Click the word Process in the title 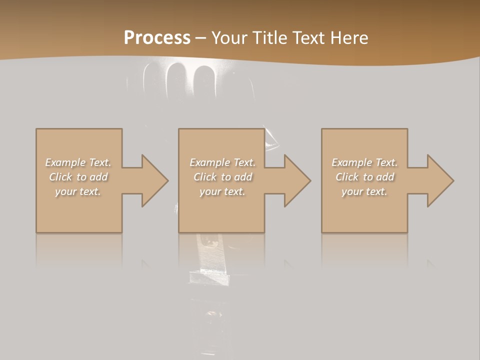(x=157, y=38)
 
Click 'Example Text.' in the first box (x=78, y=162)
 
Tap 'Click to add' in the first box (x=78, y=177)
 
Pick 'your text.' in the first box (x=78, y=191)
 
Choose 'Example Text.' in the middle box (x=222, y=162)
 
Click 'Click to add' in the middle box (x=222, y=177)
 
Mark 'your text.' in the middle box (x=222, y=191)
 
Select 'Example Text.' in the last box (x=364, y=162)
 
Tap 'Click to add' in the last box (x=364, y=177)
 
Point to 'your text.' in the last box (x=364, y=191)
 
